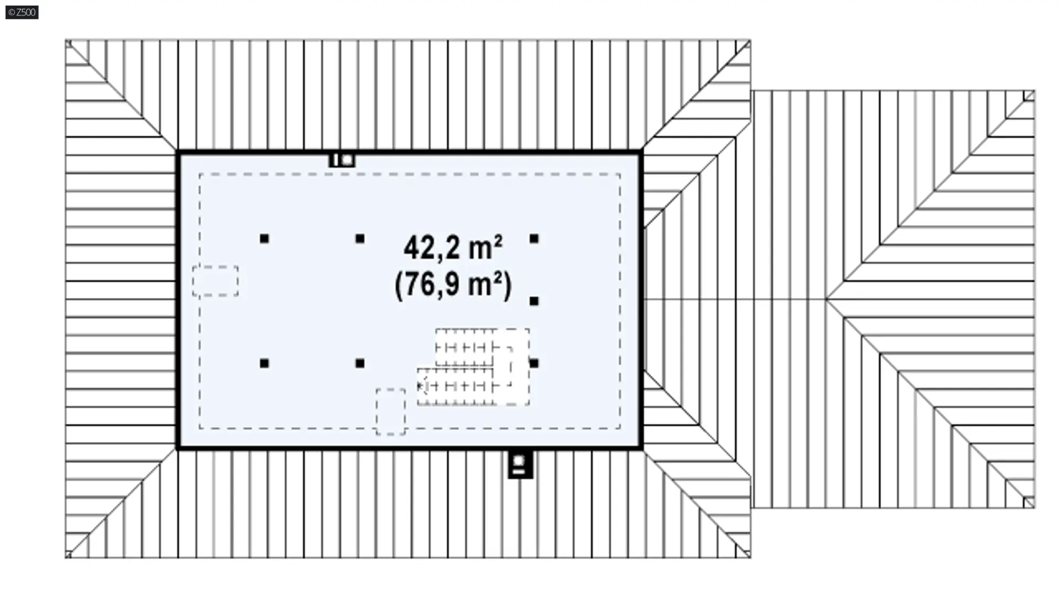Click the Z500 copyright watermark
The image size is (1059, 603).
click(x=22, y=12)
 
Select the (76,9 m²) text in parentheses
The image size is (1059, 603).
click(x=453, y=285)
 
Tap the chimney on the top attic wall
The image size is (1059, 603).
click(x=342, y=160)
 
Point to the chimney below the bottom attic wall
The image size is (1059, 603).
click(x=520, y=464)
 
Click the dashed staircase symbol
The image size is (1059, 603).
click(x=473, y=367)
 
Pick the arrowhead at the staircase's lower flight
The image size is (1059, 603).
click(x=422, y=385)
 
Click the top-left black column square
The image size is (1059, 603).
click(x=264, y=239)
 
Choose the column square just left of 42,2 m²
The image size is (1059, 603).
click(x=360, y=239)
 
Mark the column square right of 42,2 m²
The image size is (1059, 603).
click(x=534, y=239)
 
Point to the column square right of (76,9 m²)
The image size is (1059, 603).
click(x=534, y=301)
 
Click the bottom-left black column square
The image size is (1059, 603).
click(x=264, y=363)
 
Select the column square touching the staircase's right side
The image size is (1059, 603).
click(x=534, y=363)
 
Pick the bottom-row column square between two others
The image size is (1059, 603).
click(x=360, y=363)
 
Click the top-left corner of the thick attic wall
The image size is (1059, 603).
click(x=178, y=151)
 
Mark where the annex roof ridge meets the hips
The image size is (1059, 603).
click(x=826, y=299)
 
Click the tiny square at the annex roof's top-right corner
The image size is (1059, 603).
click(x=1029, y=96)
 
